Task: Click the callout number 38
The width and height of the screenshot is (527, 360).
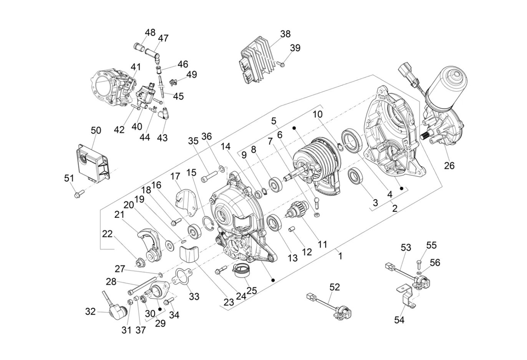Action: (x=285, y=34)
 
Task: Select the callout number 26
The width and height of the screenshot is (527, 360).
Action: (x=449, y=166)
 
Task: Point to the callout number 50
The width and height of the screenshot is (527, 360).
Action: (x=96, y=130)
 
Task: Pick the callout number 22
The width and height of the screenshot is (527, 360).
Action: (x=107, y=234)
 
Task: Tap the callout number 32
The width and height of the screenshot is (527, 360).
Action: (x=90, y=312)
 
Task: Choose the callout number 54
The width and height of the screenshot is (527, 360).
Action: (x=399, y=320)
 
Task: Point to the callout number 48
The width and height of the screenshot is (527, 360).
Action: (x=150, y=32)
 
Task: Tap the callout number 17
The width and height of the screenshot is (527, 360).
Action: (x=175, y=176)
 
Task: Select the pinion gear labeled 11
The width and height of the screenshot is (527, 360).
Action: (x=297, y=212)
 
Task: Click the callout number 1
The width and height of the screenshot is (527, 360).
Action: (x=340, y=255)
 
